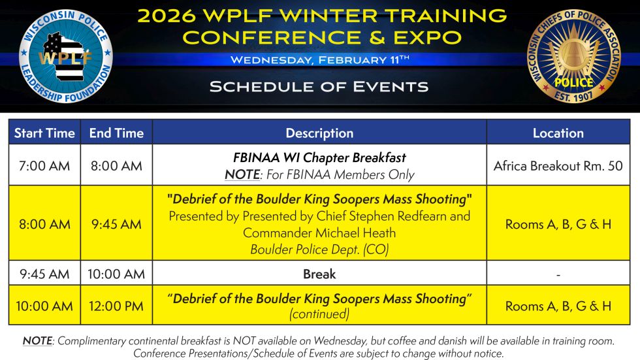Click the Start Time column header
pyautogui.click(x=44, y=133)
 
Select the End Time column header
pyautogui.click(x=116, y=133)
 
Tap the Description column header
pyautogui.click(x=319, y=133)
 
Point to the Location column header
pyautogui.click(x=558, y=133)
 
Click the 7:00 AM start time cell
pyautogui.click(x=44, y=166)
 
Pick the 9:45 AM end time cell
pyautogui.click(x=116, y=224)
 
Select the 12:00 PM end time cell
pyautogui.click(x=116, y=306)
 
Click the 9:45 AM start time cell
pyautogui.click(x=44, y=274)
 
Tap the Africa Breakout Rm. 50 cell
pyautogui.click(x=558, y=166)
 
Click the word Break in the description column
pyautogui.click(x=319, y=274)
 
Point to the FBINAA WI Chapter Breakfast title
pyautogui.click(x=319, y=157)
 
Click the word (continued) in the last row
pyautogui.click(x=319, y=314)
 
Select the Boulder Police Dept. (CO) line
pyautogui.click(x=319, y=249)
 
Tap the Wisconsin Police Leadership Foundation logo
pyautogui.click(x=66, y=56)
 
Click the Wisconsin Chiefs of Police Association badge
pyautogui.click(x=574, y=56)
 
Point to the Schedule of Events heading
pyautogui.click(x=319, y=86)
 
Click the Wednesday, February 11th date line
pyautogui.click(x=319, y=59)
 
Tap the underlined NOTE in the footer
pyautogui.click(x=37, y=341)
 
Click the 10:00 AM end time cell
pyautogui.click(x=116, y=274)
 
